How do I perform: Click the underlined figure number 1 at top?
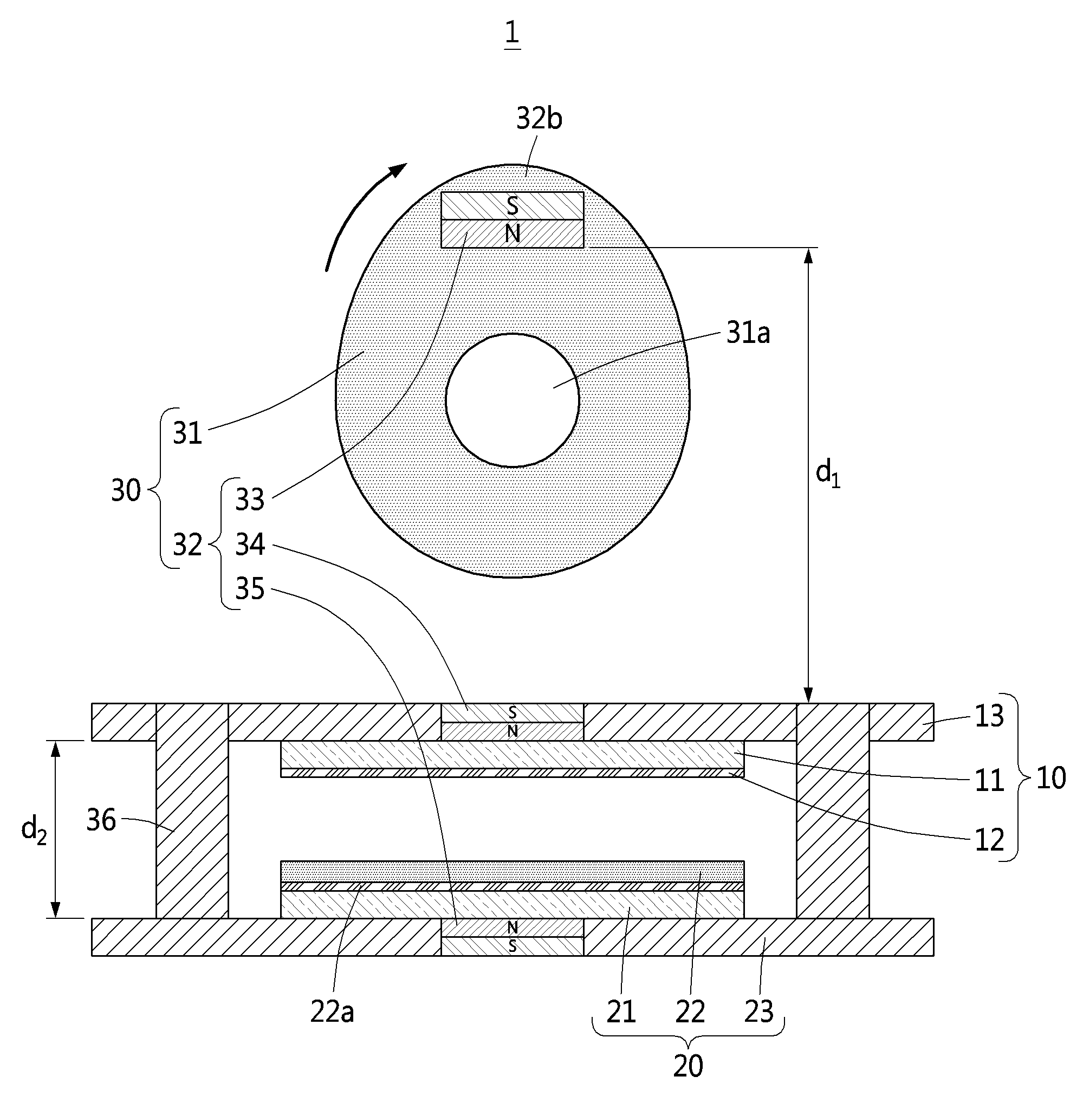pos(512,34)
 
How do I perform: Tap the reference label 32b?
pos(539,119)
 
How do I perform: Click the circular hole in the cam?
pos(513,400)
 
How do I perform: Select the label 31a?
pos(748,333)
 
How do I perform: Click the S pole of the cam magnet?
pos(513,206)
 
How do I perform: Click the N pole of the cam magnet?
pos(513,234)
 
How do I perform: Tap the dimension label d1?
pos(828,474)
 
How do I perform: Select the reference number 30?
pos(125,491)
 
